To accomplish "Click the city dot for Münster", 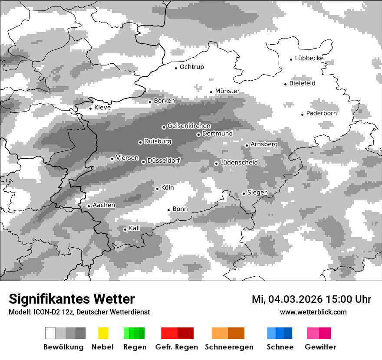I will (211, 92).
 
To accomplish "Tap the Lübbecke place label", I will (309, 59).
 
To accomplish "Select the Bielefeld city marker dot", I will (286, 84).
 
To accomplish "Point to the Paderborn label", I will (322, 114).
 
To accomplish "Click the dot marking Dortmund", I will (198, 134).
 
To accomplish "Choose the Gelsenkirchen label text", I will (189, 126).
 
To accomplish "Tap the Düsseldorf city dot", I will (144, 162).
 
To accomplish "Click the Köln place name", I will (167, 188).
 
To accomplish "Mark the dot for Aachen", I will (89, 206).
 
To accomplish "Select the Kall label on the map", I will (135, 228).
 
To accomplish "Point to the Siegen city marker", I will (244, 193).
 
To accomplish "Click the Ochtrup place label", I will (191, 67).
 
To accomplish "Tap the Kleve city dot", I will (91, 108).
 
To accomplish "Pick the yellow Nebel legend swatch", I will (103, 333).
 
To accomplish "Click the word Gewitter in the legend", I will (320, 347).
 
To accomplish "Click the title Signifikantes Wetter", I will (72, 299).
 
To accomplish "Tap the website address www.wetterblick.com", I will (313, 312).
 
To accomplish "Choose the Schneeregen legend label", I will (228, 347).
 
